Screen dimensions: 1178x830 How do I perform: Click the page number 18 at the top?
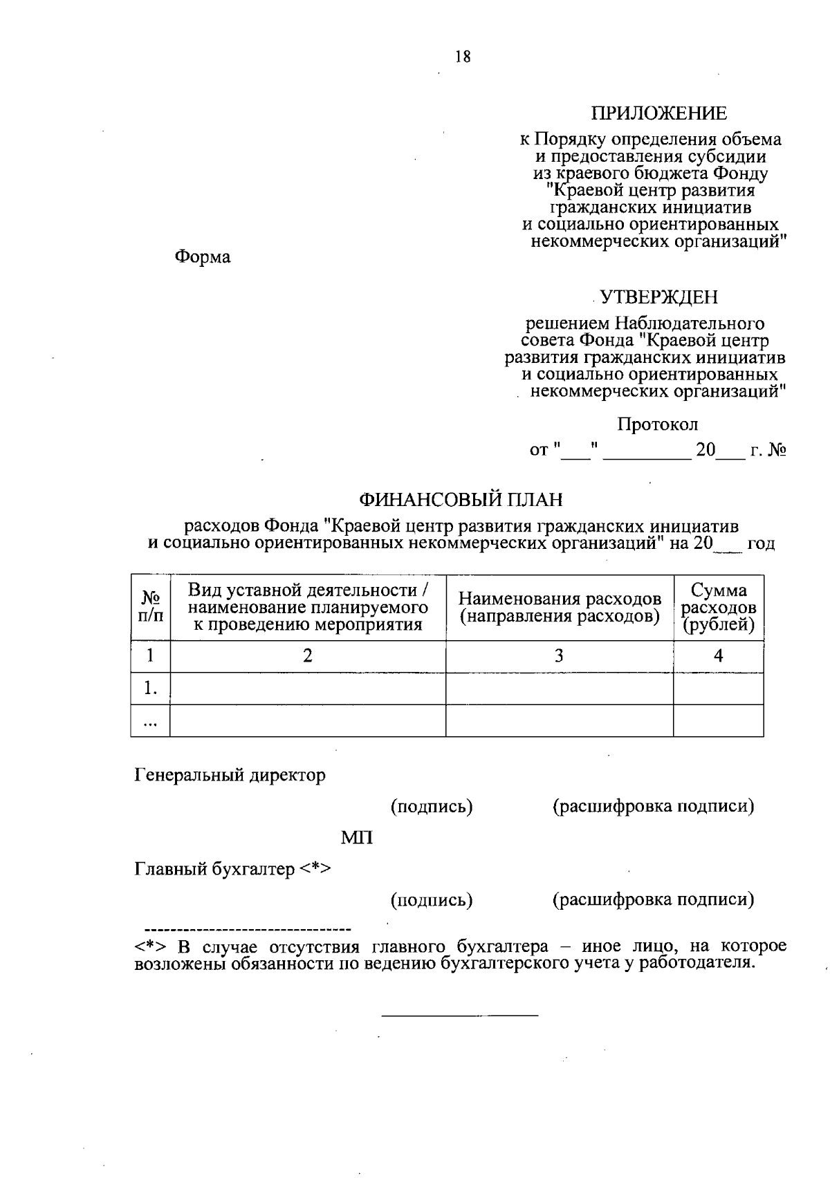tap(463, 57)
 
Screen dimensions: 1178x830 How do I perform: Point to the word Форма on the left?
tap(202, 257)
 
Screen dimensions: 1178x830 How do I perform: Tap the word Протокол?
tap(657, 424)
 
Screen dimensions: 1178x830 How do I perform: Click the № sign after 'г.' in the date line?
tap(777, 451)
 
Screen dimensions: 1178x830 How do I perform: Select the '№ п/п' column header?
tap(151, 607)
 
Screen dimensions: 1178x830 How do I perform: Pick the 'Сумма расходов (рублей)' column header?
tap(719, 608)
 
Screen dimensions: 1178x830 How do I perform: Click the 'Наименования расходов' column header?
tap(560, 608)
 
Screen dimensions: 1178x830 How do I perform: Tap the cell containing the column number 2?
tap(308, 655)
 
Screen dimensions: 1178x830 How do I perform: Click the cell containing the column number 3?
tap(559, 655)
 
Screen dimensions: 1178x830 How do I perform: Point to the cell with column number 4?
tap(718, 655)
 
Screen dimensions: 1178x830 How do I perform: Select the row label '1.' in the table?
tap(151, 689)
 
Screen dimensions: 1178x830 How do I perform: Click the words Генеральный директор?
tap(229, 775)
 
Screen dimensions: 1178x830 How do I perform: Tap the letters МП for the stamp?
tap(357, 838)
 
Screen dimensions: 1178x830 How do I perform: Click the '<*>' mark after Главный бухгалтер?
tap(315, 869)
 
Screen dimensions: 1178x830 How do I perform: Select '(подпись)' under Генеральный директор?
tap(432, 806)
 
